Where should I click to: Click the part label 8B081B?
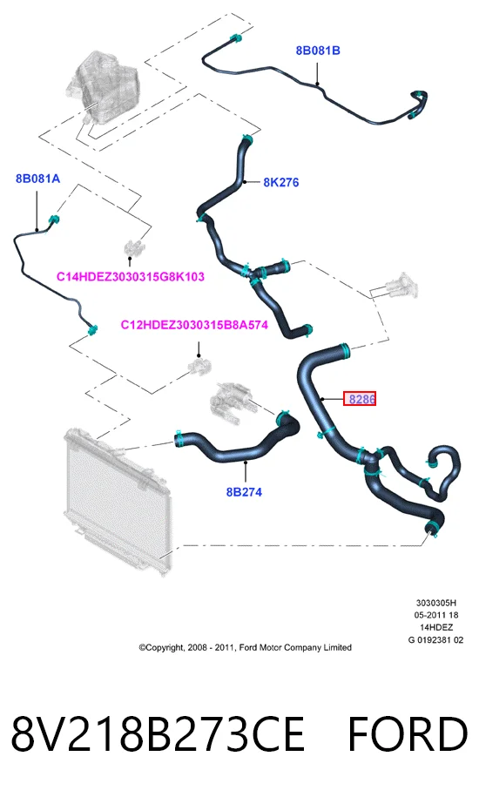pos(318,51)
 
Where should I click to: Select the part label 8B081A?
pos(37,179)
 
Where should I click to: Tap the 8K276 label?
pos(281,182)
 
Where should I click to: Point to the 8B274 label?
pos(244,491)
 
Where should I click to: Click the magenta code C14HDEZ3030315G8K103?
pos(130,277)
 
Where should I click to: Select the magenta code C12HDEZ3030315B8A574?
pos(194,325)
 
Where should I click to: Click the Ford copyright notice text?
pos(246,647)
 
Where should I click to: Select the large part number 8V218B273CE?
pos(158,734)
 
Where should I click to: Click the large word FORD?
pos(408,734)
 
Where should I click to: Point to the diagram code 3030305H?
pos(436,603)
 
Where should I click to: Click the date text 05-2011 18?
pos(436,615)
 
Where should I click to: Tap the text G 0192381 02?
pos(435,640)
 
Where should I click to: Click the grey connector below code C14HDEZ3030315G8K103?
pos(133,248)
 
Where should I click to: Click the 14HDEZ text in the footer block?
pos(436,627)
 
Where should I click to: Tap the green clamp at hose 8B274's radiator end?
pos(179,439)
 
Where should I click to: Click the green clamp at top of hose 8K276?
pos(247,138)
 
